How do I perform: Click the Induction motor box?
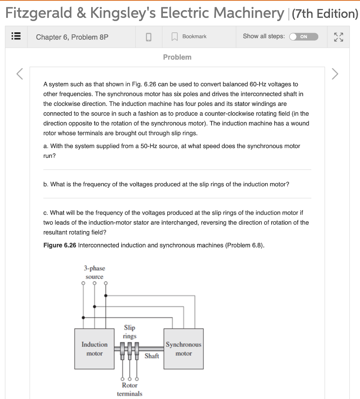click(94, 349)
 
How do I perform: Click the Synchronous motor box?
click(184, 349)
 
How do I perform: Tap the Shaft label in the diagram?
click(152, 356)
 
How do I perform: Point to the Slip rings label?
click(130, 332)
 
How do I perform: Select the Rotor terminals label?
click(130, 389)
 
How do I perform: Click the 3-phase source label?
click(94, 272)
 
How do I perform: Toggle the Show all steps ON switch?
click(304, 37)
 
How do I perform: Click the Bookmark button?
click(190, 37)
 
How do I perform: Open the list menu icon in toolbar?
click(16, 37)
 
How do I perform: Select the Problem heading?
click(177, 57)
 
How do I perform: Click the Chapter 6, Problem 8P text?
click(72, 37)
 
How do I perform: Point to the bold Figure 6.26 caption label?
click(60, 245)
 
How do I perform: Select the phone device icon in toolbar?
click(148, 37)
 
